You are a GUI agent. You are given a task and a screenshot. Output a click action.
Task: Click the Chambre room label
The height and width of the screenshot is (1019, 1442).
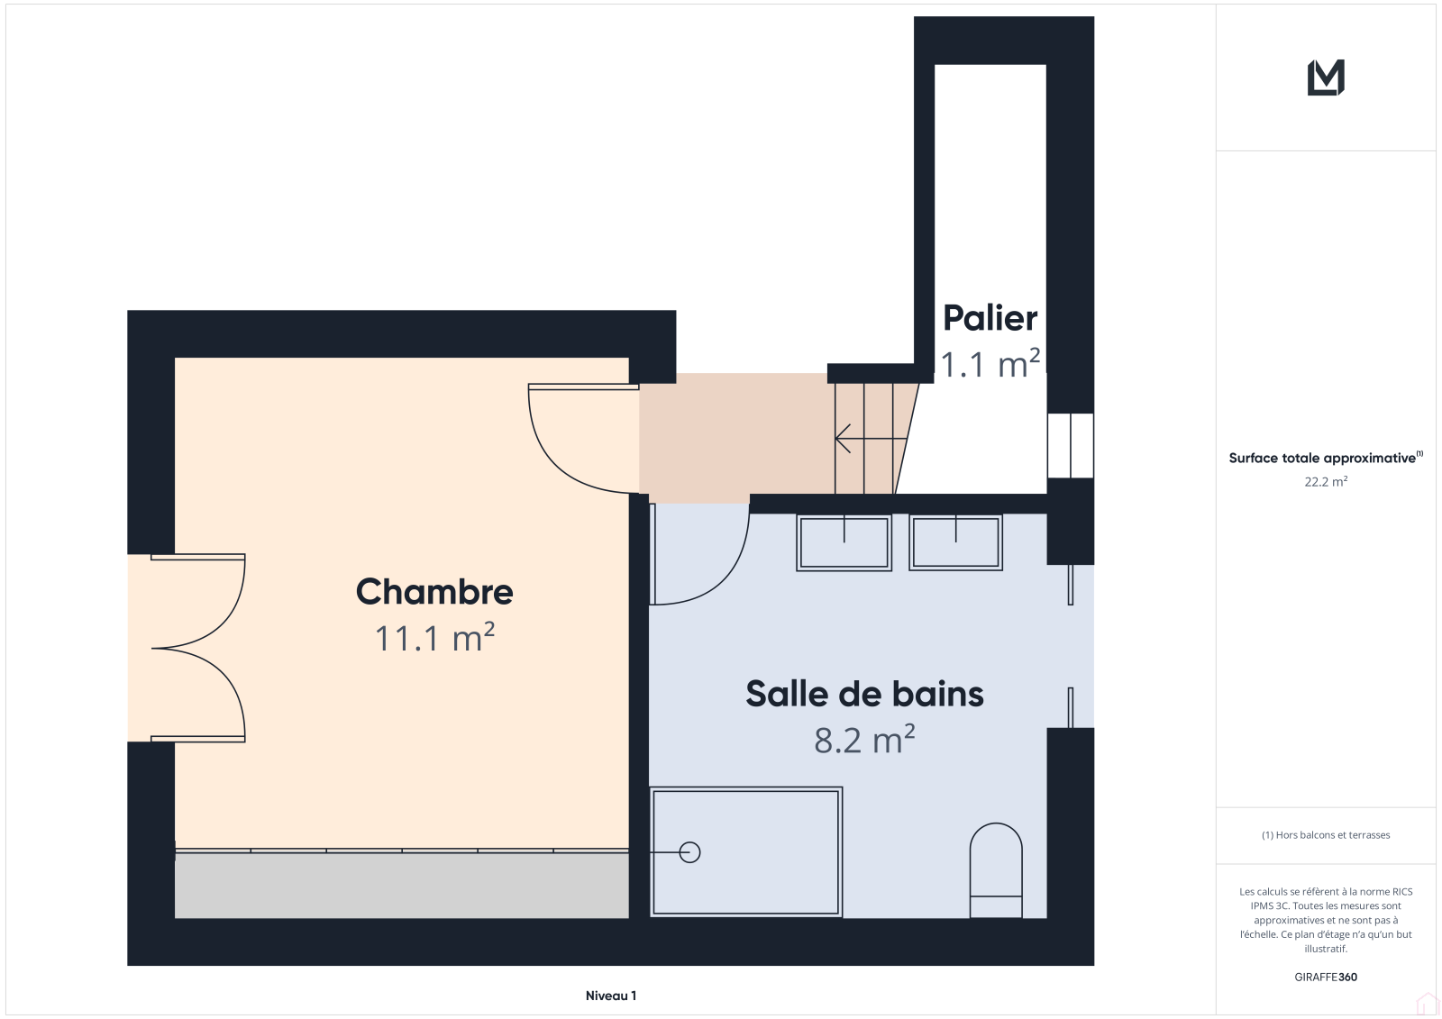click(x=434, y=592)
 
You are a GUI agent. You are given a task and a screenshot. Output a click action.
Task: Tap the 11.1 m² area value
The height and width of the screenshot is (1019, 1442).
click(x=434, y=638)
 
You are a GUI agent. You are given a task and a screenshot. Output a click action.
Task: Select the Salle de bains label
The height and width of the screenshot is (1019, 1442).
click(x=864, y=694)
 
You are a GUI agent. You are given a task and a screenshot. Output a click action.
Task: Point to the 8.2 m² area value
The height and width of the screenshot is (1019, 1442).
click(x=864, y=740)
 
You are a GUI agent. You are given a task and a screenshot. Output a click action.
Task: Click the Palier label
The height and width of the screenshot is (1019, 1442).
click(x=990, y=318)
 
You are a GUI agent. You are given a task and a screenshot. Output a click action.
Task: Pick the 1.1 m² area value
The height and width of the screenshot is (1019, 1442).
click(x=990, y=364)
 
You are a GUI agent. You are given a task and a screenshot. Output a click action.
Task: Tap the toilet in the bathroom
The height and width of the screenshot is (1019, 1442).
click(x=996, y=870)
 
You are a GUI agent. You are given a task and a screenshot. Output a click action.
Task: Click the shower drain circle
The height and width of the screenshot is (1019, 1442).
click(x=689, y=852)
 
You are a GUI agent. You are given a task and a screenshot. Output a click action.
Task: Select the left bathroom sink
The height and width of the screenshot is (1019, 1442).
click(x=844, y=542)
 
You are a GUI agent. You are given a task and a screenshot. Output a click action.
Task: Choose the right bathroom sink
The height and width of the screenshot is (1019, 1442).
click(x=956, y=542)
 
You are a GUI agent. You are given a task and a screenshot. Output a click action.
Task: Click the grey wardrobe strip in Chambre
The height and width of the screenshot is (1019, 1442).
click(x=402, y=885)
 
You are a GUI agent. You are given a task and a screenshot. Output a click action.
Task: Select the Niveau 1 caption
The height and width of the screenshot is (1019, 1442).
click(x=611, y=996)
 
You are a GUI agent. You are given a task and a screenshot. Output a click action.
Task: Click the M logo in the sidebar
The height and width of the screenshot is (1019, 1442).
click(x=1326, y=77)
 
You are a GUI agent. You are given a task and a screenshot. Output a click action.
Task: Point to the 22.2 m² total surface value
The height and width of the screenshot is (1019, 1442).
click(x=1326, y=481)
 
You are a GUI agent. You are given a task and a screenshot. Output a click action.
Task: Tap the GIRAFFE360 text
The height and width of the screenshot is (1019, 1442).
click(x=1326, y=978)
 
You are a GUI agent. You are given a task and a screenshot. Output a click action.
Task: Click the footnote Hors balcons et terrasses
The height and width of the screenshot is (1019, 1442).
click(x=1326, y=835)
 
